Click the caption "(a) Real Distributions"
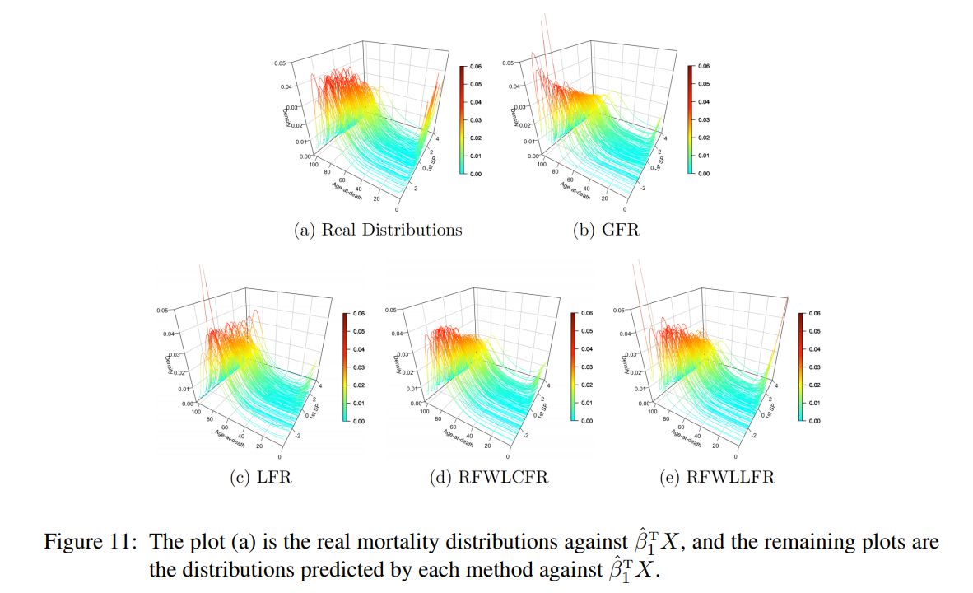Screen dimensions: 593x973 378,230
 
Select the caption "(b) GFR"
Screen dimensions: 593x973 605,230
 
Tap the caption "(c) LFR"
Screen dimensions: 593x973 261,477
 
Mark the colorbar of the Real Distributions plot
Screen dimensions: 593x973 462,120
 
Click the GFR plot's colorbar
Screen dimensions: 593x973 689,120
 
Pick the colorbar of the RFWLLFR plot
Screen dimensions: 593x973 800,367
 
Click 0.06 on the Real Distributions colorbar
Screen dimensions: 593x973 476,67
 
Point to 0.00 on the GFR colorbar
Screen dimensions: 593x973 703,174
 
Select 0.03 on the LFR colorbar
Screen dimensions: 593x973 358,367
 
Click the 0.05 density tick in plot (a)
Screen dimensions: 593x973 281,63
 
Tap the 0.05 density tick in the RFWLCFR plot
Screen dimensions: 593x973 391,311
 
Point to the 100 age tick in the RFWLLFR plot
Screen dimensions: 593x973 651,412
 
